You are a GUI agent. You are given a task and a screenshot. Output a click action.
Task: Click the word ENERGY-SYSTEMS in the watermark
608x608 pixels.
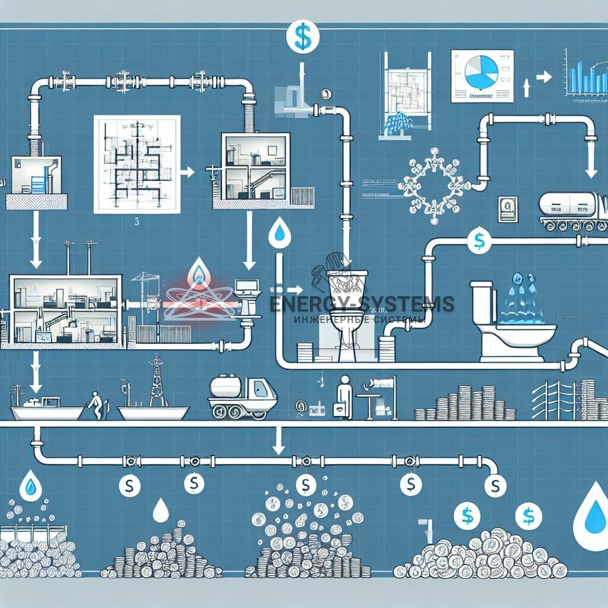point(362,304)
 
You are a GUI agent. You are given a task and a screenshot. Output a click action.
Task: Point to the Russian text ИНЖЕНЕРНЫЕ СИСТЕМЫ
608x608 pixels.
point(359,319)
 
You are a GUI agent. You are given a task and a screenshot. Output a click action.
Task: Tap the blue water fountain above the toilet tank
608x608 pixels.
point(522,297)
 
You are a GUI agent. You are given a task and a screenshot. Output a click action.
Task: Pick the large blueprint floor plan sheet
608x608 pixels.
point(137,164)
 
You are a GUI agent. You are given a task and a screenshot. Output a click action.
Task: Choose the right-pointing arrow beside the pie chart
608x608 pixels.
point(542,78)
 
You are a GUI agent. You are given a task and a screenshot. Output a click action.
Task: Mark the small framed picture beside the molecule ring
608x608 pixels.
point(508,209)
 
